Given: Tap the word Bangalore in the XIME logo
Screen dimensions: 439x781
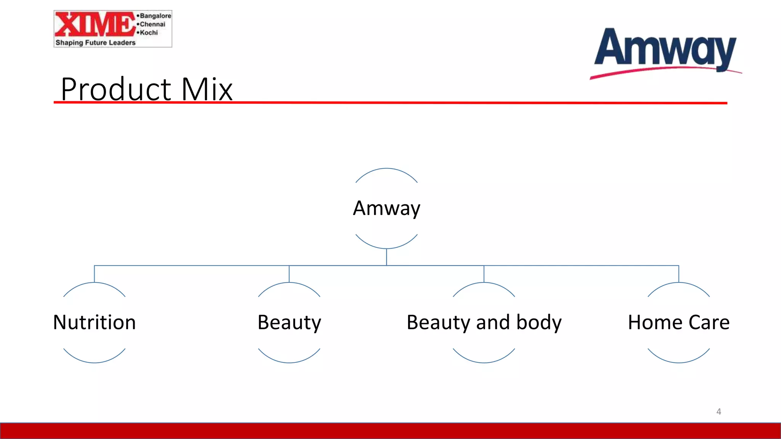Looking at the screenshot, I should click(x=156, y=16).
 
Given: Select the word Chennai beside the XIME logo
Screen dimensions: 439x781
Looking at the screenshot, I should click(x=153, y=24).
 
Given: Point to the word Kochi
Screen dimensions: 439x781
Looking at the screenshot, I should click(x=149, y=32).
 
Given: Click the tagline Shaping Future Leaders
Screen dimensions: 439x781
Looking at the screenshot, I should click(x=95, y=43).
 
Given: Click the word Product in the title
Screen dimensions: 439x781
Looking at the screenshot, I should click(x=116, y=89).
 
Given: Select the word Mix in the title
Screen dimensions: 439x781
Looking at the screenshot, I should click(x=207, y=89).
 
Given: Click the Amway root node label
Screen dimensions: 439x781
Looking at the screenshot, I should click(x=386, y=208).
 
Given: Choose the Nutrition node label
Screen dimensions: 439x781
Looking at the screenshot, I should click(x=94, y=322).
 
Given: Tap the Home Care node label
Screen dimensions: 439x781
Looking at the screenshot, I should click(x=678, y=322).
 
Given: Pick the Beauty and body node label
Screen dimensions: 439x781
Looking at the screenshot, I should click(x=484, y=322).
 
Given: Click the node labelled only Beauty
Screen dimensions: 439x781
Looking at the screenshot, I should click(x=289, y=322).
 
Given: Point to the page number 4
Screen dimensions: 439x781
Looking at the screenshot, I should click(x=718, y=412).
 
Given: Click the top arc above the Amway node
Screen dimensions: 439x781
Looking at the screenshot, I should click(x=386, y=169).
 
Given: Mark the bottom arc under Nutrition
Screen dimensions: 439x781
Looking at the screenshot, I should click(x=94, y=362).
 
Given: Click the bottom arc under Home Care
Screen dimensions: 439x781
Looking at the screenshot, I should click(x=679, y=362).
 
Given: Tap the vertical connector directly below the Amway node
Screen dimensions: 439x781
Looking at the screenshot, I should click(x=386, y=257).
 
